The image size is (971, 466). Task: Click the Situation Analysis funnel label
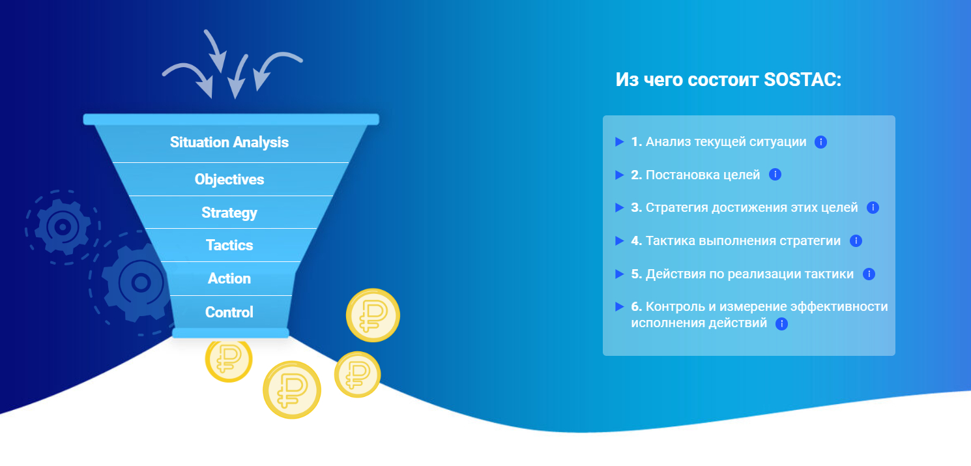point(229,142)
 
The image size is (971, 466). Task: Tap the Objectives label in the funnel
point(229,179)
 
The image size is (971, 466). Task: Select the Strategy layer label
point(229,212)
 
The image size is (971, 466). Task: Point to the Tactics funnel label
point(229,245)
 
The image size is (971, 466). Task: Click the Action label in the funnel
point(229,278)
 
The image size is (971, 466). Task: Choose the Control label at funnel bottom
point(229,312)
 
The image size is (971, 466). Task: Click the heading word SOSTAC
point(802,80)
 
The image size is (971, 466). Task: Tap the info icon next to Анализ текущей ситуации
point(820,141)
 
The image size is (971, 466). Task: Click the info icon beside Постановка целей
point(775,174)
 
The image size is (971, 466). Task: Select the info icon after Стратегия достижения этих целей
point(873,208)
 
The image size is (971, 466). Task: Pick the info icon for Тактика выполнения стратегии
point(856,240)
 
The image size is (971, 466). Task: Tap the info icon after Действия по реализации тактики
point(869,274)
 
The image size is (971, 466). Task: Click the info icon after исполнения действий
point(781,324)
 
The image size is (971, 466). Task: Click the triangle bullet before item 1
point(620,141)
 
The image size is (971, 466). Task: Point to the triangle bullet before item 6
point(620,307)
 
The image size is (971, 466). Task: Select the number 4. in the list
point(636,240)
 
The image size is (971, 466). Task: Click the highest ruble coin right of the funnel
point(373,315)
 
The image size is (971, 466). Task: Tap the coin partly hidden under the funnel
point(229,360)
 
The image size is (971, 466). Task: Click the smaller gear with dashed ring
point(63,227)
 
